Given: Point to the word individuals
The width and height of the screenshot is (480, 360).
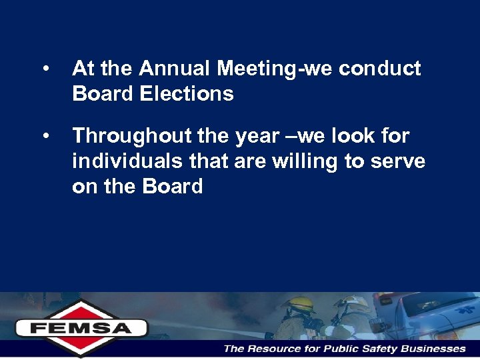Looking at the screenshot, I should tap(119, 161).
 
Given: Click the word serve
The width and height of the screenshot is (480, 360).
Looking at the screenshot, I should tap(398, 161).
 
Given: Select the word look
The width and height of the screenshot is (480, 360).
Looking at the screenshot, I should tap(346, 136).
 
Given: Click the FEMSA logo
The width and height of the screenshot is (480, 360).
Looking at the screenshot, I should tap(81, 327).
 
